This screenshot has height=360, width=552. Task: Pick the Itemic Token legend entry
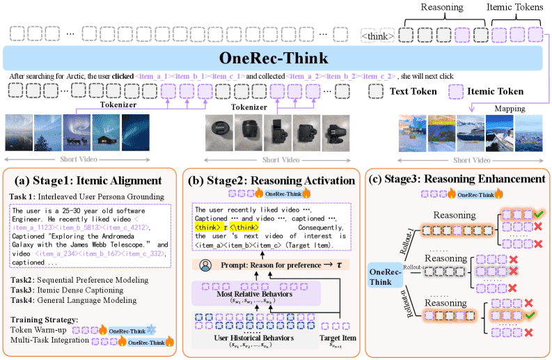497,91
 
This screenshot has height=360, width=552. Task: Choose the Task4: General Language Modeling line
73,302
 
